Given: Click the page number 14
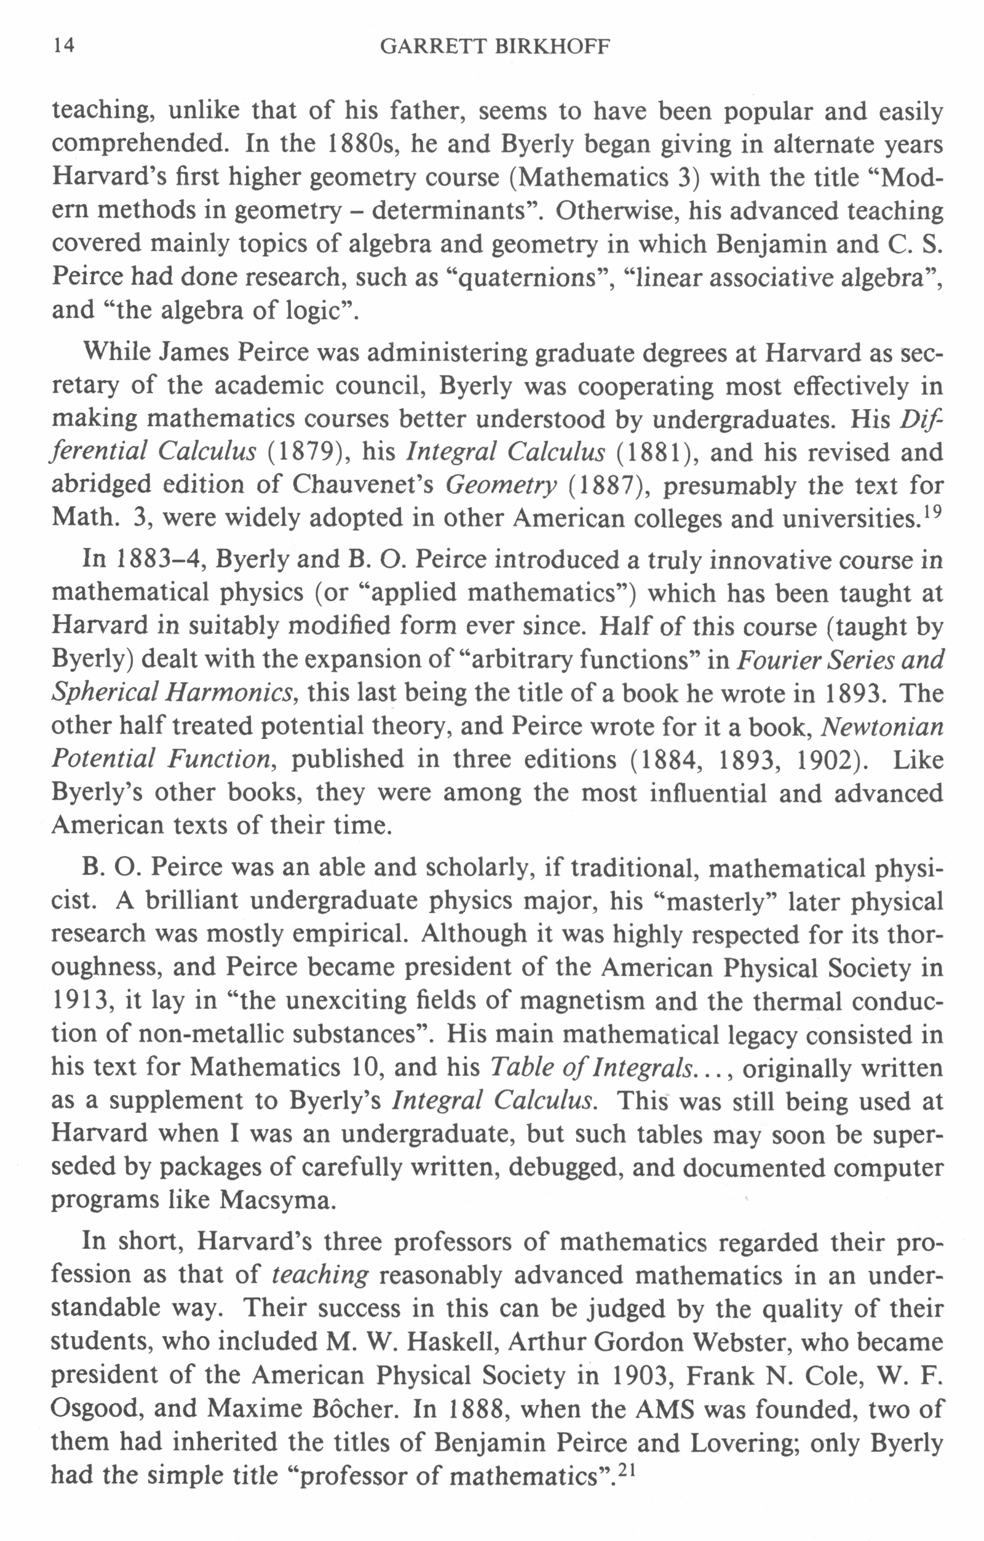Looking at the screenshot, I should point(64,46).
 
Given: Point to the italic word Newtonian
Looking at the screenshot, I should point(882,727).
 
